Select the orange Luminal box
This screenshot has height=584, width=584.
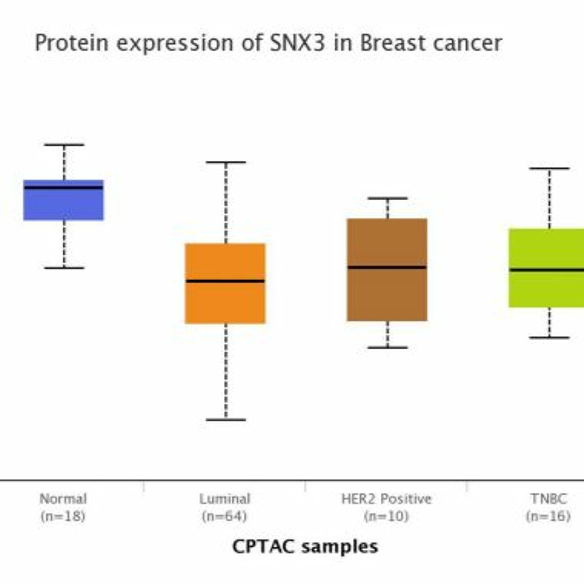(x=225, y=302)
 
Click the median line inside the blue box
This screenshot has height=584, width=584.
(x=63, y=187)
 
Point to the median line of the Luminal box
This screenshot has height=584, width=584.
(x=225, y=281)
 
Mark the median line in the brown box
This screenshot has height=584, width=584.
(x=387, y=267)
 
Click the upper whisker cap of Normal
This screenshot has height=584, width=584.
(x=64, y=145)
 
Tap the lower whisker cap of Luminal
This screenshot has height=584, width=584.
(x=226, y=420)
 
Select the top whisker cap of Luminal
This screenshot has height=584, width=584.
(x=226, y=162)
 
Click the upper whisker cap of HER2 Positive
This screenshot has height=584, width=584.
(x=388, y=199)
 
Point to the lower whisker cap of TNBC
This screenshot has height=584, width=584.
(x=549, y=338)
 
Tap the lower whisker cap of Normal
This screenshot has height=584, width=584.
(x=64, y=268)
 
